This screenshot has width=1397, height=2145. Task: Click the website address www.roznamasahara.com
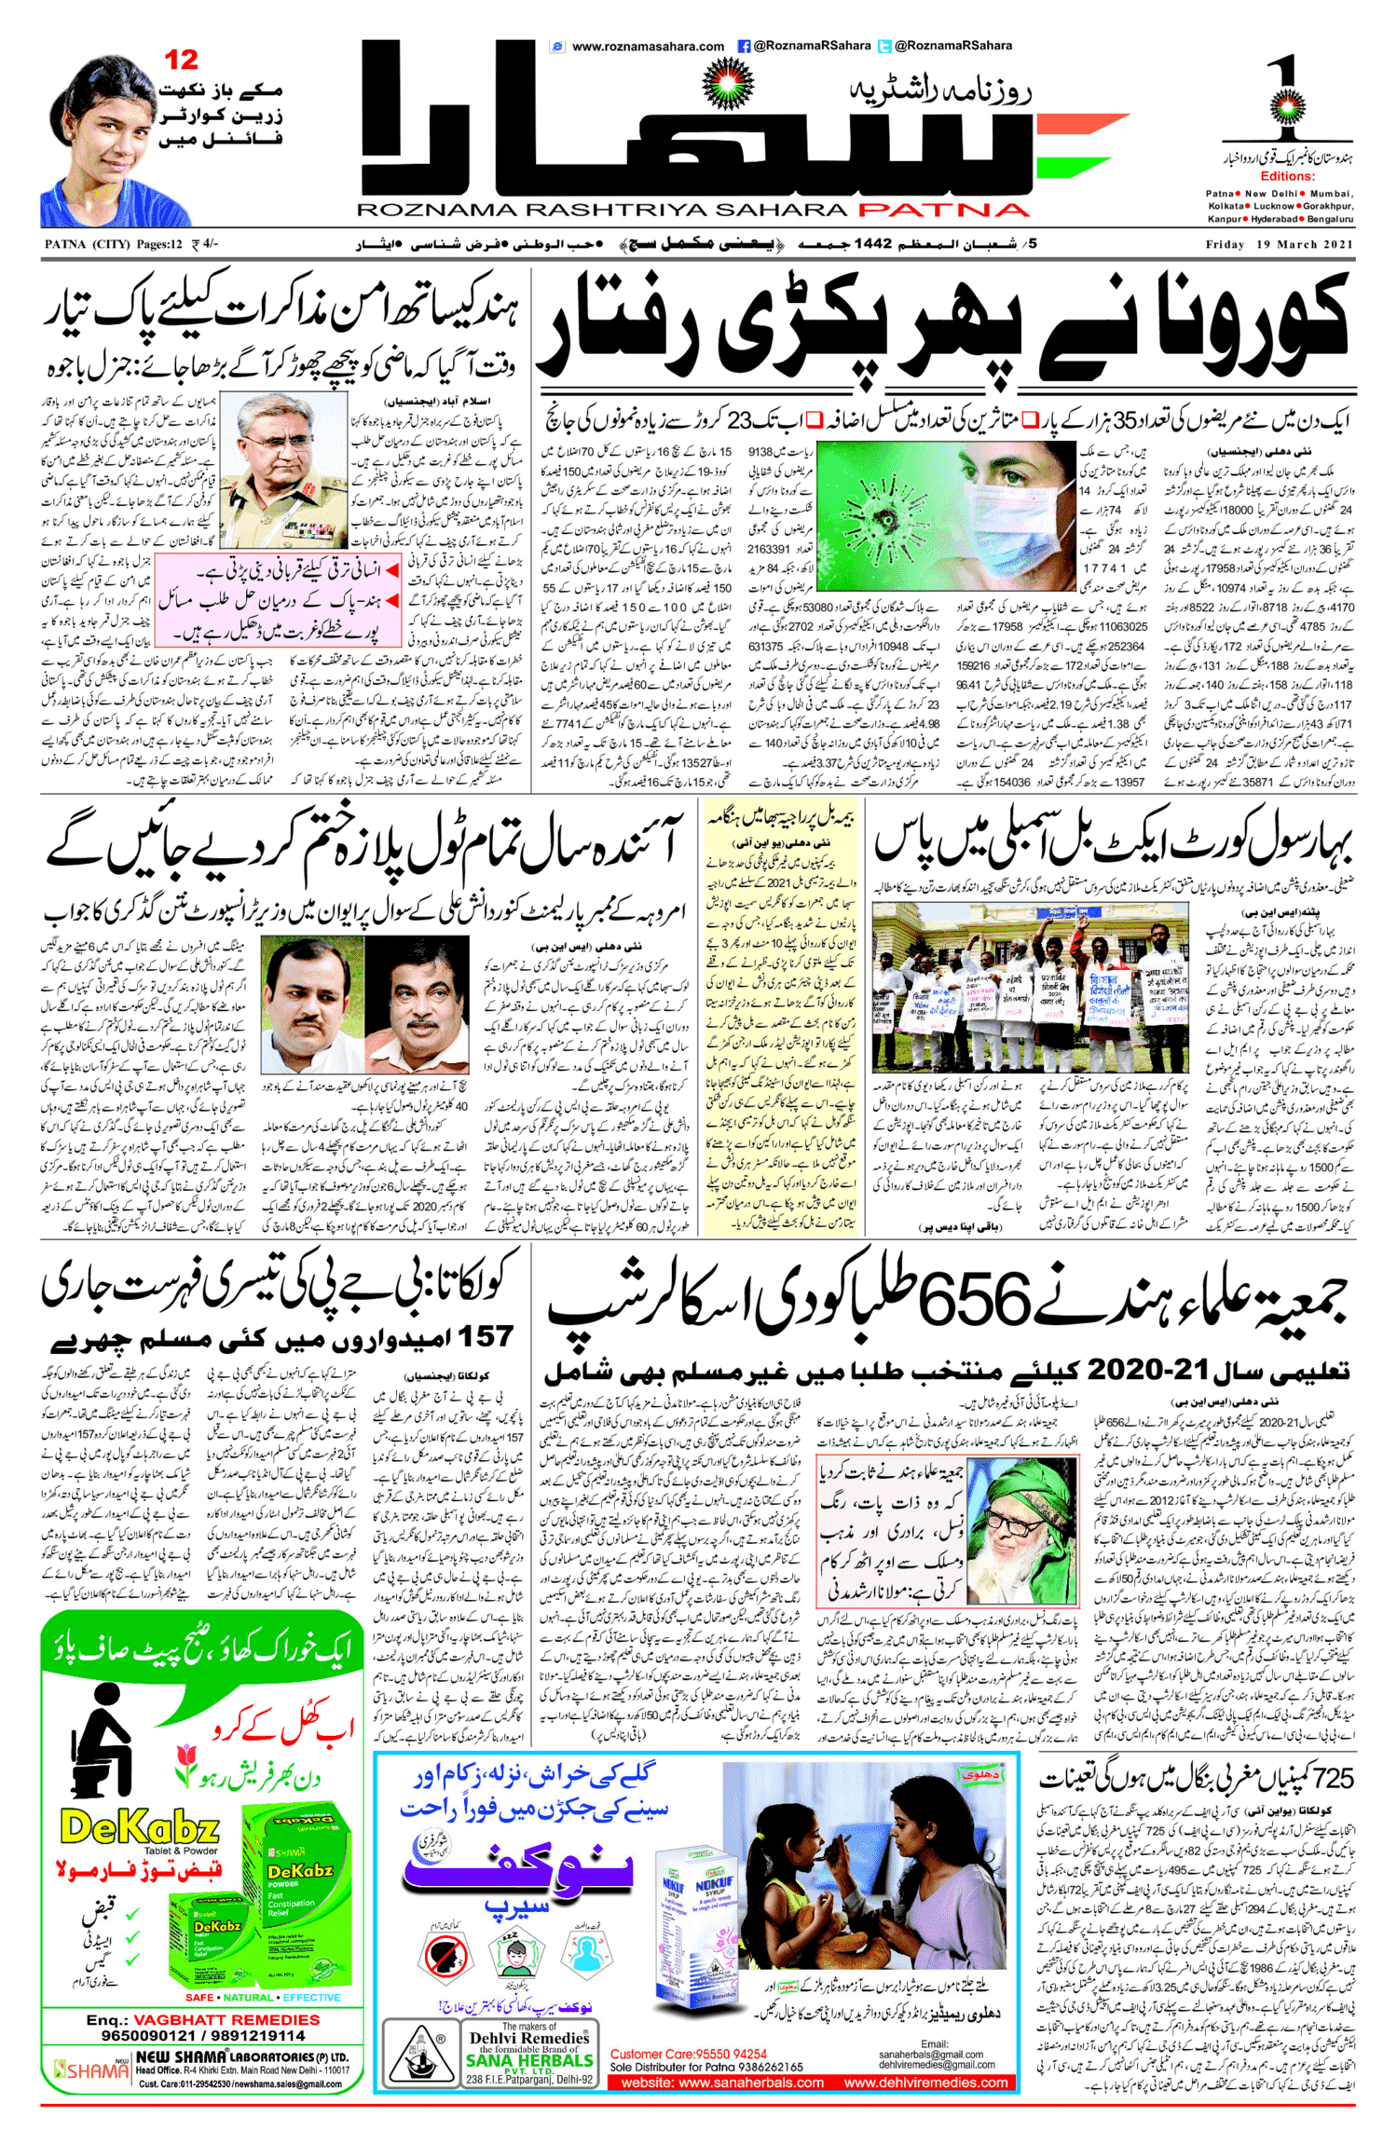(648, 47)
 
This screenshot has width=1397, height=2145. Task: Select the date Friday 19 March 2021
(1279, 245)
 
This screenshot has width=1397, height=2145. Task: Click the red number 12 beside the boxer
(182, 61)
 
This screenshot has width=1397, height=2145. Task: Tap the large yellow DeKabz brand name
(139, 1828)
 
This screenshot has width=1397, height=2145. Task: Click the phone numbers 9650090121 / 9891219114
(203, 2036)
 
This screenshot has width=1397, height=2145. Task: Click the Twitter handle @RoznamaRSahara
(953, 46)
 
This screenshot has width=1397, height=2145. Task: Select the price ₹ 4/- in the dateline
(205, 245)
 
